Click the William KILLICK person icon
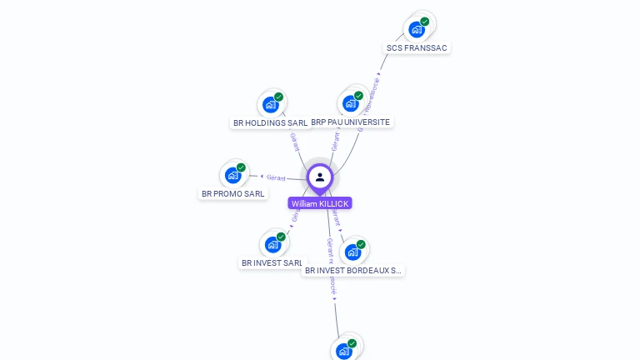coord(320,177)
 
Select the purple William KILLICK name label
coord(320,203)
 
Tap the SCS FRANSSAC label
coord(417,48)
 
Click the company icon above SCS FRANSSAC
coord(417,29)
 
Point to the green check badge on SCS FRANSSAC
coord(425,22)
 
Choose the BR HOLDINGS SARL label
coord(270,122)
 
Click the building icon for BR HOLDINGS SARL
coord(270,104)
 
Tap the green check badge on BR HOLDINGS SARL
coord(278,97)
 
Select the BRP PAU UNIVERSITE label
coord(350,122)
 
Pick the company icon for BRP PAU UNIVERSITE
coord(351,103)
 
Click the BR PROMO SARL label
coord(233,194)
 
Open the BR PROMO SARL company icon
coord(233,175)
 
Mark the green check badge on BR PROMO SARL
coord(242,167)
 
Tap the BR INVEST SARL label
coord(272,263)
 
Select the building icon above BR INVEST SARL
coord(272,244)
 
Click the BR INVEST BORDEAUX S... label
coord(353,271)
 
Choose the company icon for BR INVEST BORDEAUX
coord(353,252)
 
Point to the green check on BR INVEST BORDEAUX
coord(361,244)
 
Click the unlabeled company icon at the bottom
coord(344,351)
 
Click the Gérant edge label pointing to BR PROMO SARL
coord(277,177)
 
